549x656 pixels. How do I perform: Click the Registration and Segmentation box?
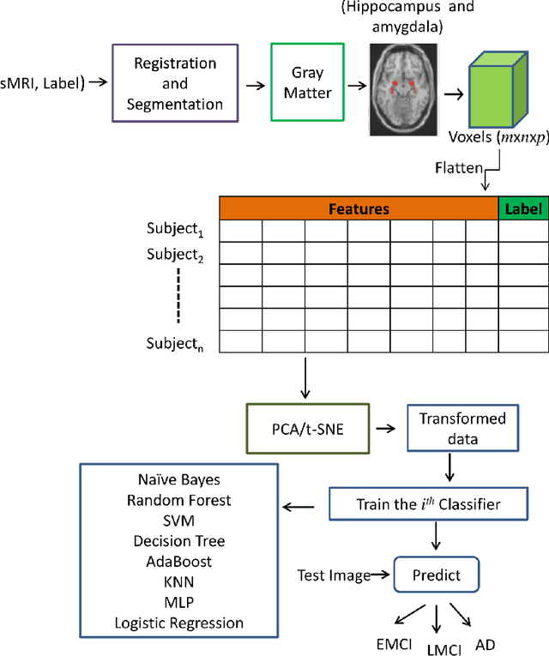[x=174, y=85]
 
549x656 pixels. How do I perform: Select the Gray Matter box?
[x=307, y=84]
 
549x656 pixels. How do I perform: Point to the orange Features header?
[x=359, y=208]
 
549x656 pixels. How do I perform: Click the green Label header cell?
[x=522, y=208]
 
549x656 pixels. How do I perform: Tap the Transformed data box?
[x=462, y=427]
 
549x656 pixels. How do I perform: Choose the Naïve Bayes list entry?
[x=178, y=479]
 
